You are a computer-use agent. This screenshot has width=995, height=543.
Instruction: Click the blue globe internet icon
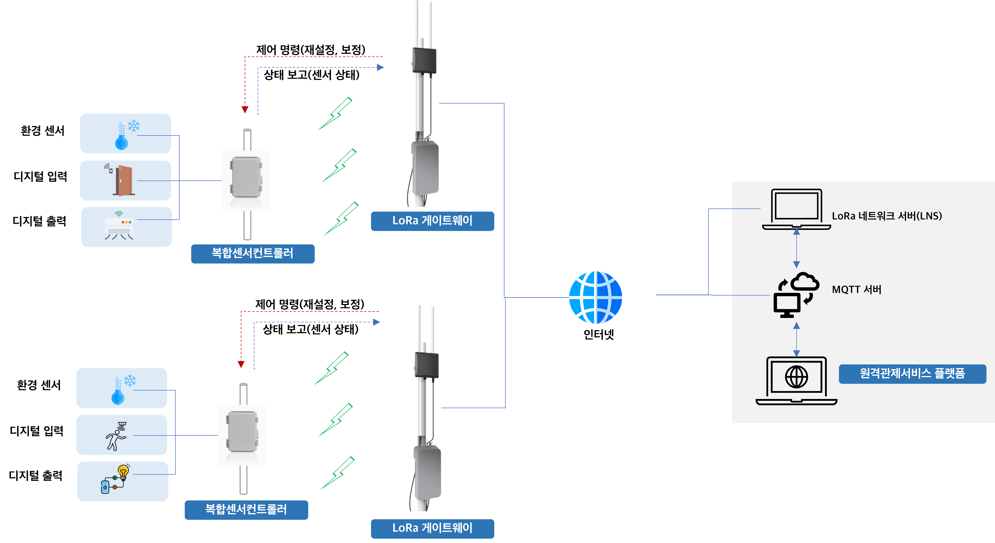tap(595, 297)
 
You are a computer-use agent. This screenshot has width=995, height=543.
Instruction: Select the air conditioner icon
tap(119, 226)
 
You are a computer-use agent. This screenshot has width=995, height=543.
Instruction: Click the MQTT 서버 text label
tap(856, 290)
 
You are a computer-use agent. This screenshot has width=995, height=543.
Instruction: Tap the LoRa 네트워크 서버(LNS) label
tap(886, 216)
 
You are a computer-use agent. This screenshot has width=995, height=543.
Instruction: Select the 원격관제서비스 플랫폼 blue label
tap(912, 374)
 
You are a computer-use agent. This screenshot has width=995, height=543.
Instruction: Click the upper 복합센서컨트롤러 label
tap(253, 253)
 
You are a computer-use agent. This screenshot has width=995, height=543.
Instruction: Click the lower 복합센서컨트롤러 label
tap(246, 510)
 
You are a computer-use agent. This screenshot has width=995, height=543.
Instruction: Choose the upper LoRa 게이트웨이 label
tap(432, 221)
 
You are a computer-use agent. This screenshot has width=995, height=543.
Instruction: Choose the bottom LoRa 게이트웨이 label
tap(432, 528)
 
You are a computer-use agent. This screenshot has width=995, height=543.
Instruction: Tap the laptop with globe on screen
tap(796, 380)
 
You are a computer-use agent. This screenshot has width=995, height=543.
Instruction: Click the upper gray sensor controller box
tap(246, 178)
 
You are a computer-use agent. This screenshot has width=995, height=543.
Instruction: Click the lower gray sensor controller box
tap(242, 432)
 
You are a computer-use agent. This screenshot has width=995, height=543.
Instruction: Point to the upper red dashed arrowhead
tap(245, 110)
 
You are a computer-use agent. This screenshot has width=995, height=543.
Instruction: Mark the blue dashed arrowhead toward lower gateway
tap(377, 322)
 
